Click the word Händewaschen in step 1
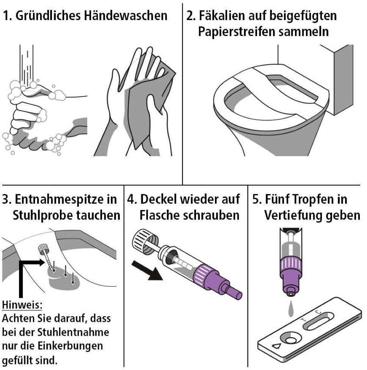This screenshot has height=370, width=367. [125, 16]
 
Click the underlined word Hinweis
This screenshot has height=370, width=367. [22, 305]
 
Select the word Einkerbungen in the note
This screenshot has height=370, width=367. [70, 346]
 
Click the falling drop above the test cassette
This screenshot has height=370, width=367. [291, 309]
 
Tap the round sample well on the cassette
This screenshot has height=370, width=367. [291, 340]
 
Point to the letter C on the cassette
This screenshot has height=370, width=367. [318, 312]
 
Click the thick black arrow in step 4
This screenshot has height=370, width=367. [147, 270]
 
